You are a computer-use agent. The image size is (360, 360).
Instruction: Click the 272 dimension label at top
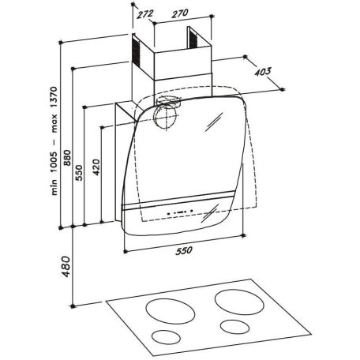[145, 14]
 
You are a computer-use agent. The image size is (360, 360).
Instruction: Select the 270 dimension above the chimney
[180, 13]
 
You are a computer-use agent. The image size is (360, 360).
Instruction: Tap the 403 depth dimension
[263, 72]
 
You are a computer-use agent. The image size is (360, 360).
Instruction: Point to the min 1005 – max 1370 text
[54, 141]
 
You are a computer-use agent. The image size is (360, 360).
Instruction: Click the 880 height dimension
[67, 158]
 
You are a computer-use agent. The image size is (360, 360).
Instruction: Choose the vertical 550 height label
[79, 173]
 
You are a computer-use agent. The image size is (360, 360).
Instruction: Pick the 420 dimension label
[96, 167]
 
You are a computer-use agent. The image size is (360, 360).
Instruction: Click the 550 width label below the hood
[184, 250]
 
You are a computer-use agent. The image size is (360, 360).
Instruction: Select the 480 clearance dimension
[66, 266]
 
